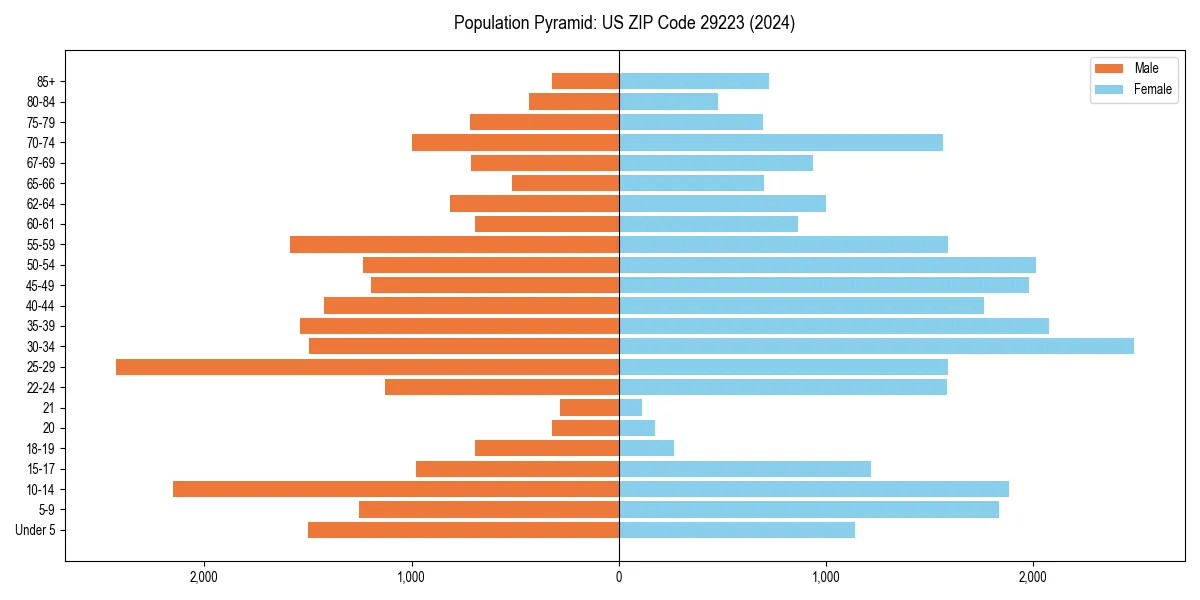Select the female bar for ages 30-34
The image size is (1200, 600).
click(x=876, y=346)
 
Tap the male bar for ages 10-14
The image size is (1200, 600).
click(x=396, y=489)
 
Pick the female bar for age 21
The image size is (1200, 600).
click(x=631, y=408)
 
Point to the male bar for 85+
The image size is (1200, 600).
click(x=586, y=81)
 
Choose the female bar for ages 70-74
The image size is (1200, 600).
click(x=781, y=142)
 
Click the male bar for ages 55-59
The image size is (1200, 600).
click(x=454, y=244)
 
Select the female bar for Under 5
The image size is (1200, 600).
click(x=737, y=530)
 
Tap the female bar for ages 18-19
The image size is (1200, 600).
click(x=647, y=448)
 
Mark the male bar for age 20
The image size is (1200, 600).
click(x=586, y=428)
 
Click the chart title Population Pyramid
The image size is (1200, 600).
click(x=624, y=23)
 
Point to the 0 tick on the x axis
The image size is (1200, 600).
click(x=619, y=577)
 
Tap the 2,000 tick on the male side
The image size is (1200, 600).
click(x=204, y=577)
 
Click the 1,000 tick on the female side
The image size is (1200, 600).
click(x=826, y=577)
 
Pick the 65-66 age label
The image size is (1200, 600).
click(x=41, y=183)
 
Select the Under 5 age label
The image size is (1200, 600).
click(x=35, y=530)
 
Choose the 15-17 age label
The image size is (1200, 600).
click(x=41, y=469)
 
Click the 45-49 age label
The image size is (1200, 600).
click(x=41, y=285)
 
